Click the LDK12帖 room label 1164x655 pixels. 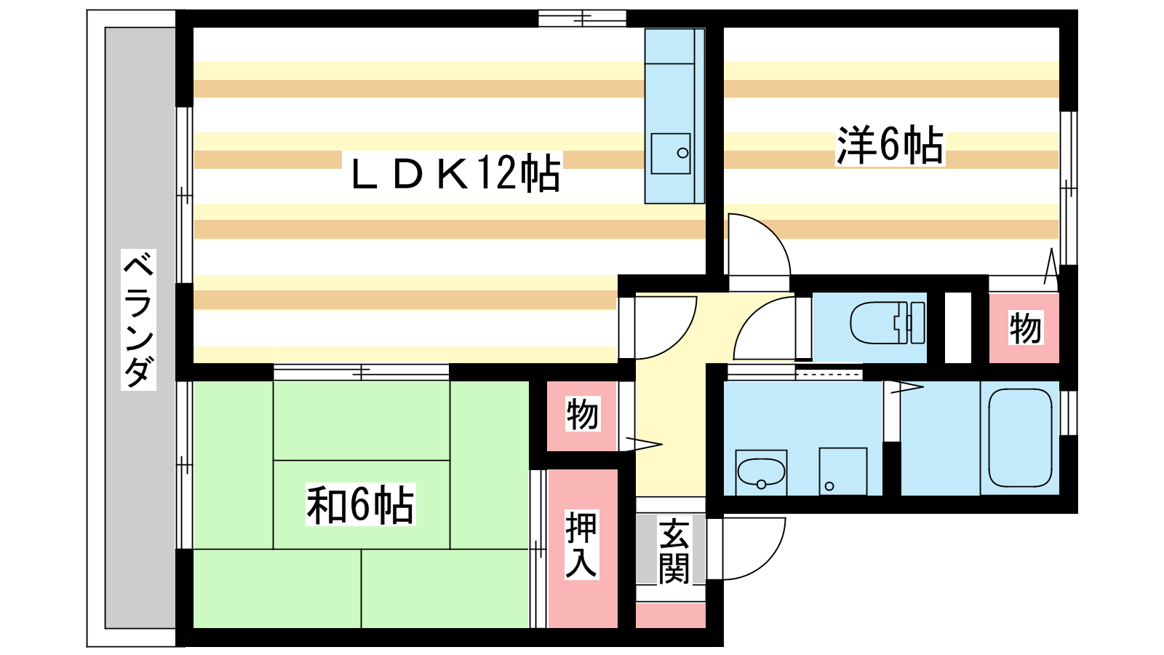tap(455, 173)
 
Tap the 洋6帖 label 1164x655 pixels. tap(889, 145)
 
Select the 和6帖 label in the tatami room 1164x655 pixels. tap(360, 504)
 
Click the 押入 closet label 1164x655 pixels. tap(581, 544)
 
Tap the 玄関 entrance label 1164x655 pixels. tap(673, 552)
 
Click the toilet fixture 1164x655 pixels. tap(877, 322)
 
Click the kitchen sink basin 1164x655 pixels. tap(670, 153)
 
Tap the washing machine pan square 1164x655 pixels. tap(842, 471)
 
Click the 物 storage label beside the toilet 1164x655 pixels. tap(1024, 327)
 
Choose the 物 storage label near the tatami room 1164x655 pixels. tap(582, 415)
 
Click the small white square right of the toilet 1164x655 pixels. tap(958, 327)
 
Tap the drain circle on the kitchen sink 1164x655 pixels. tap(682, 153)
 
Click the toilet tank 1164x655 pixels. tap(914, 322)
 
